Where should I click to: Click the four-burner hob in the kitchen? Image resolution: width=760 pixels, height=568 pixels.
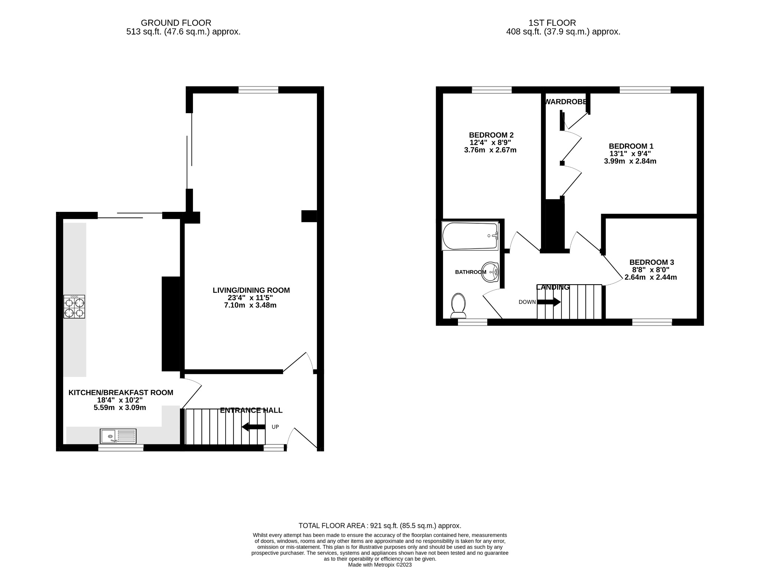74,306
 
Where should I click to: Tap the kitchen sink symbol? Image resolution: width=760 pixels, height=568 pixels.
118,436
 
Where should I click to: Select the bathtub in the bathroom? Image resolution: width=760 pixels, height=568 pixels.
470,236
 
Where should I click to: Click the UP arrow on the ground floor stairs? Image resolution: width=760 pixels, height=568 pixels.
253,427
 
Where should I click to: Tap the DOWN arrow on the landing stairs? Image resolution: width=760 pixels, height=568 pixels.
549,302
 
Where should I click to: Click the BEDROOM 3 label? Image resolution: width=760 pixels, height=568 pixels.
652,262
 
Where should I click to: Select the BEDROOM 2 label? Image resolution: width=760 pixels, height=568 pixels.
491,135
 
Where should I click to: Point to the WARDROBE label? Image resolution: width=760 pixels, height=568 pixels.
566,102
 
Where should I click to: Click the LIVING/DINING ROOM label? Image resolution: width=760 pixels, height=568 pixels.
251,290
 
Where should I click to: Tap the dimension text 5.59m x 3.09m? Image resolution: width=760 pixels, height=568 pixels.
120,408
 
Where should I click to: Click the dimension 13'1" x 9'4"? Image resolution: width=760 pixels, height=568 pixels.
630,154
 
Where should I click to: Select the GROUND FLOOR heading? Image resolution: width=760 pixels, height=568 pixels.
176,23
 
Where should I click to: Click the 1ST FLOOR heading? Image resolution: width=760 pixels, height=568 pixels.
552,23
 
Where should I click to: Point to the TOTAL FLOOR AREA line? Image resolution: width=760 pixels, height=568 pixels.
380,526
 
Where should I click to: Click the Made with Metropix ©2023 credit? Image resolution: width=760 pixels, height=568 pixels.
380,565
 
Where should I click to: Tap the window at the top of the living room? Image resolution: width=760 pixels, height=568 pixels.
258,90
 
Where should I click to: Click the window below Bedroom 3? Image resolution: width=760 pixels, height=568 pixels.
652,322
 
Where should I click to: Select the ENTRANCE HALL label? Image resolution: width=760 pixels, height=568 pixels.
251,410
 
